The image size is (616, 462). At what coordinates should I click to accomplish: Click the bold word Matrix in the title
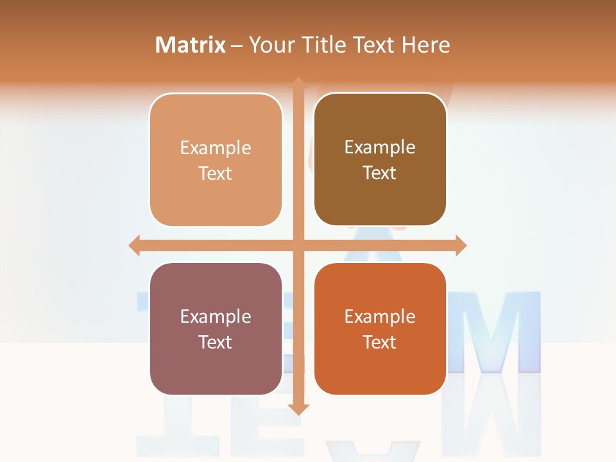point(191,45)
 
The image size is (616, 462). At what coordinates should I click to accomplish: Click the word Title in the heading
point(324,45)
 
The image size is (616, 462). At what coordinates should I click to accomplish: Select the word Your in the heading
point(272,45)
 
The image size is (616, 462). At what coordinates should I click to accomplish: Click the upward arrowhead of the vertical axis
point(298,83)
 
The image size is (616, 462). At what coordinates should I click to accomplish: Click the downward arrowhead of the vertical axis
point(298,409)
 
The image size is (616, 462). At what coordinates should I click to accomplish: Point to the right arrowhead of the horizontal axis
point(461,246)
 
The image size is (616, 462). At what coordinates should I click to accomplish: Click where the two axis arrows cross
point(298,246)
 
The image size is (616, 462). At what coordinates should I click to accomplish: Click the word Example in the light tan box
point(216,148)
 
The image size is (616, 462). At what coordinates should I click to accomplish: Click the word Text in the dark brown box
point(380,173)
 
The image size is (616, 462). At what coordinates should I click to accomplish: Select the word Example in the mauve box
point(216,317)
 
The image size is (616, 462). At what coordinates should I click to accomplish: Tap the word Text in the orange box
point(380,343)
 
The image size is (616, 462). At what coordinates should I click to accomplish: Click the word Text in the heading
point(373,45)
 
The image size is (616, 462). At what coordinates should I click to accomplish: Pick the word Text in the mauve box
point(216,343)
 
